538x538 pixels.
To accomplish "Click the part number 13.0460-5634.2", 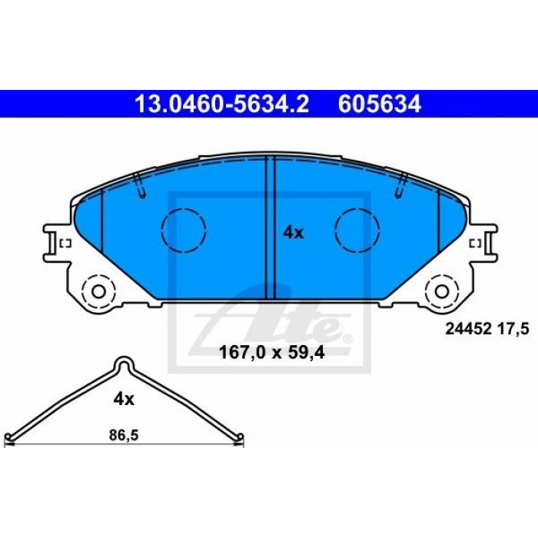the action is pyautogui.click(x=222, y=104).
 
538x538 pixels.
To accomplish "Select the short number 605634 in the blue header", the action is pyautogui.click(x=380, y=104).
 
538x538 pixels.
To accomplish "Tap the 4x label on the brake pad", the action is pyautogui.click(x=294, y=233).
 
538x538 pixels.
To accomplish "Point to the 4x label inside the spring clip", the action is pyautogui.click(x=124, y=399).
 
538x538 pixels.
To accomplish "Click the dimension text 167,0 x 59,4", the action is pyautogui.click(x=271, y=353).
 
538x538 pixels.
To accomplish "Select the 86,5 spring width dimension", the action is pyautogui.click(x=124, y=436).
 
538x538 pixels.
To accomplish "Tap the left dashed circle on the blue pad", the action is pyautogui.click(x=184, y=231).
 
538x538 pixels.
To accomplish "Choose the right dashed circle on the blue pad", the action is pyautogui.click(x=357, y=231).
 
